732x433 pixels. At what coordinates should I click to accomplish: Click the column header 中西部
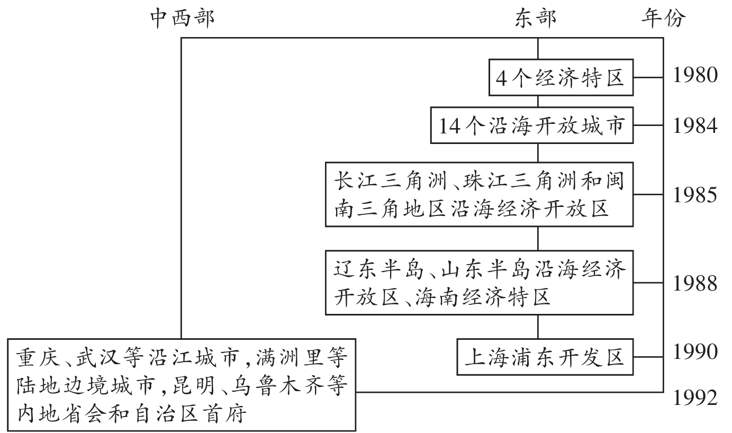coord(182,18)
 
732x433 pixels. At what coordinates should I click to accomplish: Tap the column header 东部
coord(536,18)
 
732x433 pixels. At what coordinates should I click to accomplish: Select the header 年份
coord(663,18)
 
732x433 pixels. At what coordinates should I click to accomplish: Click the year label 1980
coord(695,76)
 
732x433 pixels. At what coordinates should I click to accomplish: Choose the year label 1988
coord(695,284)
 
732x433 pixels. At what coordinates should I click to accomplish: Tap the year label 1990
coord(695,352)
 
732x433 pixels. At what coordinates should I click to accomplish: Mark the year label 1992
coord(695,397)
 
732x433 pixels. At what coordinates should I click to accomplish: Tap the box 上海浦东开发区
coord(545,357)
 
